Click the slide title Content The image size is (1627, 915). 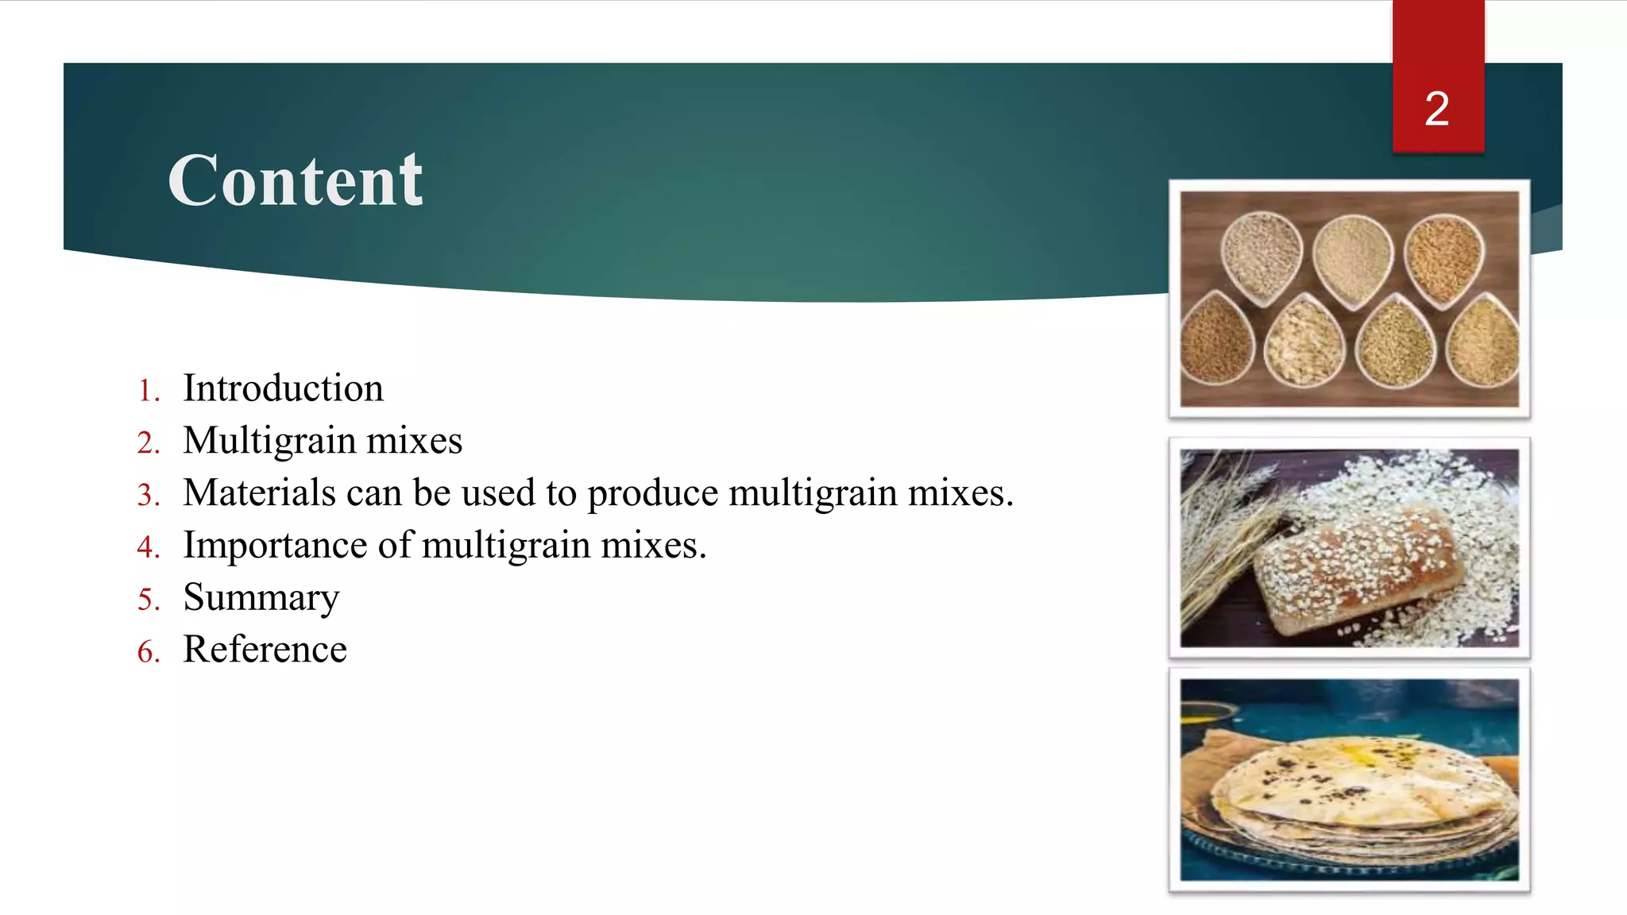(x=296, y=181)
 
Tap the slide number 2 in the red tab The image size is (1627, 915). (x=1436, y=109)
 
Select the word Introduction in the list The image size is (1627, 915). (x=283, y=388)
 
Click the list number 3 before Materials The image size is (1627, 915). (x=148, y=495)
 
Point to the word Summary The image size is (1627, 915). (x=261, y=598)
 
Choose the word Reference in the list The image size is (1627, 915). (x=265, y=650)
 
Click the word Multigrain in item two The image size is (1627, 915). (x=269, y=441)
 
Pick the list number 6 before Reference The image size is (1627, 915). (x=148, y=652)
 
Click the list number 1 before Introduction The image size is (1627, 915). (x=148, y=391)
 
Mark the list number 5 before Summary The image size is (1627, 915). (x=148, y=600)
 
